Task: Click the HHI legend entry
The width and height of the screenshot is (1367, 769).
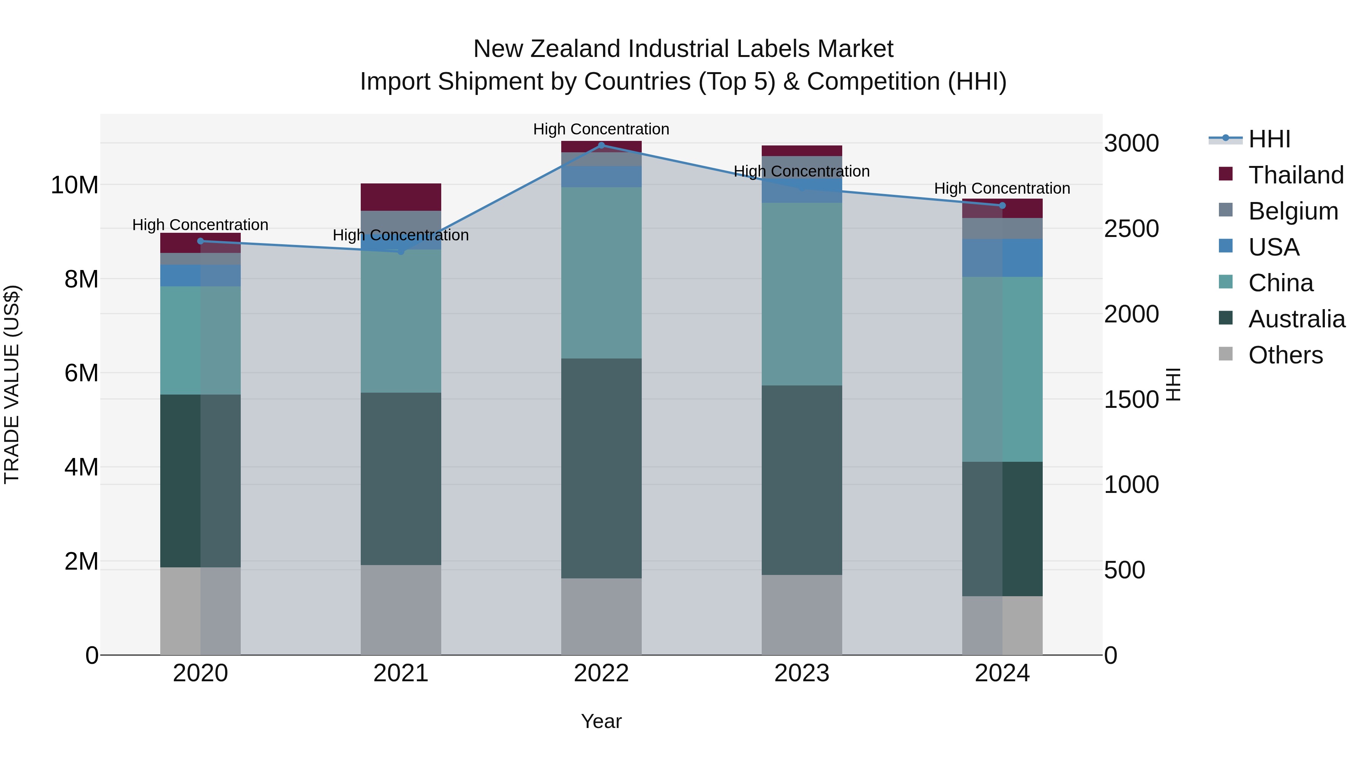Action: (1268, 139)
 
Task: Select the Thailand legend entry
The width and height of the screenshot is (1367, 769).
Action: (1295, 175)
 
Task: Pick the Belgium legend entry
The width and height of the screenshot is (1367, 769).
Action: (1293, 211)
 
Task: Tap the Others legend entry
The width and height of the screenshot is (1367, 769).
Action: (1285, 355)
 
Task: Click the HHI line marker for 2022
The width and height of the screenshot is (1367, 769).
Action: (601, 145)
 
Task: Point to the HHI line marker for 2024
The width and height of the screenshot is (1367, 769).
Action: (1002, 205)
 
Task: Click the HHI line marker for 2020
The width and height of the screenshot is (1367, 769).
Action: (200, 241)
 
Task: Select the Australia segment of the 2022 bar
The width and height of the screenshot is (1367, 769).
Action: (601, 468)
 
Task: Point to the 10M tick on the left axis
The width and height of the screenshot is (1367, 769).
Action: (74, 185)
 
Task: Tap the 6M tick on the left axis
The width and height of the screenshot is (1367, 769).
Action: (81, 373)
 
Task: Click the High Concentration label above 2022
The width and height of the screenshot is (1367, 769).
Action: (601, 129)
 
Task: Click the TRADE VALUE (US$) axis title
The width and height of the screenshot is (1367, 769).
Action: (12, 384)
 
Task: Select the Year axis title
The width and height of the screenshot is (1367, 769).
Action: (601, 721)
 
